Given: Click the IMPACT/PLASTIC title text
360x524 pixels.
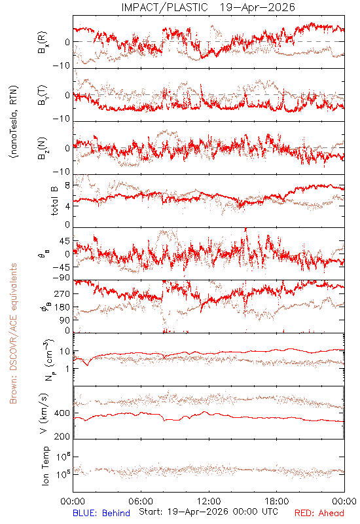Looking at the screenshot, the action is coord(164,7).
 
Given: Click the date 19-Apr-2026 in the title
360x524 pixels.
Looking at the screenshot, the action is coord(257,7).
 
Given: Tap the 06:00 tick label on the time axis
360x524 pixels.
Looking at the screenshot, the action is coord(141,501).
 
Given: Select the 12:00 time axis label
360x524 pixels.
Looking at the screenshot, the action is coord(209,501).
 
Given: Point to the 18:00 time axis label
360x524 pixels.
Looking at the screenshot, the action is coord(277,501).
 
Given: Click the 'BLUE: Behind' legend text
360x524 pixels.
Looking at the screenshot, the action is coord(101,513).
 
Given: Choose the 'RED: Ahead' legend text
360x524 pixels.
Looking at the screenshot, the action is coord(319,513).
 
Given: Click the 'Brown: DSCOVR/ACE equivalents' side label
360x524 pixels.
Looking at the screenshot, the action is coord(13,333).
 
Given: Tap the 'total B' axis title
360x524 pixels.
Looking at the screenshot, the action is coord(54,201).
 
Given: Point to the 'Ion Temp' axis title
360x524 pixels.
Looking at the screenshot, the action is coord(45,466).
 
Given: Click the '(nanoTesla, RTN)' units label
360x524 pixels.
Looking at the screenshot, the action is coord(14,121).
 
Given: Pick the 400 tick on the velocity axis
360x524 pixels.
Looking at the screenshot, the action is coord(62,413).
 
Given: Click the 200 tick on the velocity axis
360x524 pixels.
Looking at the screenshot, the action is coord(62,436).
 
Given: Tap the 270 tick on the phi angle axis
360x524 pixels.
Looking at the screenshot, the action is coord(63,293).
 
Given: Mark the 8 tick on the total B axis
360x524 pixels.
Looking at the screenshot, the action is coord(67,186).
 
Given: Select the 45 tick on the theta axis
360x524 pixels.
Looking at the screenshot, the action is coord(65,241).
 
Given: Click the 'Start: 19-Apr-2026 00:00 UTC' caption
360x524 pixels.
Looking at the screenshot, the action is coord(208,512).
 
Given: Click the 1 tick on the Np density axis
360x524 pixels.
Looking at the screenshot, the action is coord(68,369).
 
